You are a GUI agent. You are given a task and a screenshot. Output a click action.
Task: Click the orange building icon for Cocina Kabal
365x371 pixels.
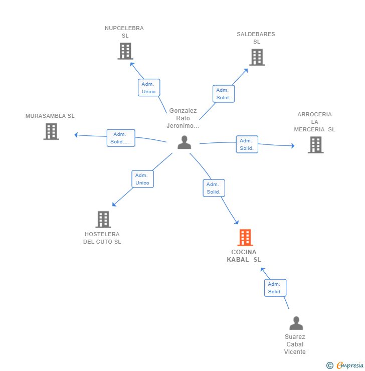tap(245, 238)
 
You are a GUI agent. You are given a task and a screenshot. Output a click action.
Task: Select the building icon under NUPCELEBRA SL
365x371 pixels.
tap(125, 51)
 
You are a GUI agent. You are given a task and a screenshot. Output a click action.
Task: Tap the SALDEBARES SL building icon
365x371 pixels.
tap(257, 57)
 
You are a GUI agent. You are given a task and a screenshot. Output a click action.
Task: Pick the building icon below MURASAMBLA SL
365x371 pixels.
tap(51, 131)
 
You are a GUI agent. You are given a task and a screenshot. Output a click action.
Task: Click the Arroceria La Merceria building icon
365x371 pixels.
tap(316, 145)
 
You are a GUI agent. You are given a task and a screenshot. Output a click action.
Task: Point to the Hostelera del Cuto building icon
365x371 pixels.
tap(103, 219)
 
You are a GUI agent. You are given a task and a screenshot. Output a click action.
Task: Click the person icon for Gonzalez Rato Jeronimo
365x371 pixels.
tap(185, 142)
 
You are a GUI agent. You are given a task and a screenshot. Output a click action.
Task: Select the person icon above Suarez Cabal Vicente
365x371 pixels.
tap(296, 323)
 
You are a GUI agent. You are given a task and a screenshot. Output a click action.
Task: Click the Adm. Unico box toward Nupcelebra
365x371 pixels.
tap(149, 88)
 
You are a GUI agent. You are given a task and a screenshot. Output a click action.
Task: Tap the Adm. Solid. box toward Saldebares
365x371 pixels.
tap(224, 94)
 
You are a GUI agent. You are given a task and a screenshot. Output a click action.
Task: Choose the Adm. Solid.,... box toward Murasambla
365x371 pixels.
tap(121, 138)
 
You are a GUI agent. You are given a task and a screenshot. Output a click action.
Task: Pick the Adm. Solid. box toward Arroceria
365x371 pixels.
tap(247, 144)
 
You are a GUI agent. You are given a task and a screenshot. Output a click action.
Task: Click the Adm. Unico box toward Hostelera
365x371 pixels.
tap(143, 179)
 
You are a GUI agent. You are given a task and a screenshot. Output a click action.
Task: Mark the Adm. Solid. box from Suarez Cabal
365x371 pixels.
tap(275, 288)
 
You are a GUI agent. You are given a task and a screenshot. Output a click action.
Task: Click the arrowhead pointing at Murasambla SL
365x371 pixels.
tap(76, 135)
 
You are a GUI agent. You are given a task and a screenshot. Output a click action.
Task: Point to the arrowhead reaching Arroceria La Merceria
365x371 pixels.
tap(293, 146)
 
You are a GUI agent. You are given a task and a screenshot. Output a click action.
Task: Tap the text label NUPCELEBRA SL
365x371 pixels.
tap(124, 32)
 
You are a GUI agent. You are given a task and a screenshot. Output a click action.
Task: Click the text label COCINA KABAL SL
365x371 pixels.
tap(244, 256)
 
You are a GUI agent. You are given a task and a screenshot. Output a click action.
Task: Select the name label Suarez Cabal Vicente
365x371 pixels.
tap(295, 344)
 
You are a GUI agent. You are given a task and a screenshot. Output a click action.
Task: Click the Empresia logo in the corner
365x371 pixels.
tap(345, 365)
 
